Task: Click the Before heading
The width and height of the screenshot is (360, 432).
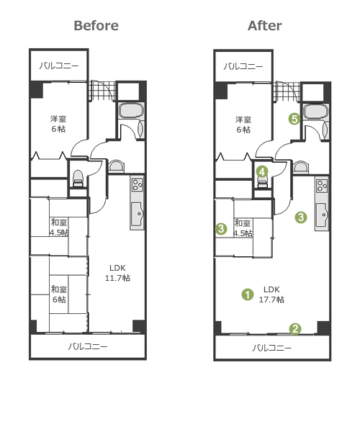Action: point(96,26)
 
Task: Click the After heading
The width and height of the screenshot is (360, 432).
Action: point(265,26)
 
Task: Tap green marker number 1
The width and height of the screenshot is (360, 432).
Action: point(248,294)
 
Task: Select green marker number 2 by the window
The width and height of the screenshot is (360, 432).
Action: point(295,329)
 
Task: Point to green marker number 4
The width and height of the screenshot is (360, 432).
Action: point(262,171)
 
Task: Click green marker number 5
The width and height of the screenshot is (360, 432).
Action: point(294,119)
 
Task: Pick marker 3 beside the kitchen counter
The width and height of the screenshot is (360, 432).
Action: point(301,217)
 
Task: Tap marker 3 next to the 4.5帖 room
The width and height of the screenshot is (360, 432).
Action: point(221,229)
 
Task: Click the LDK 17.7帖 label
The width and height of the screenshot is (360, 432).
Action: point(271,294)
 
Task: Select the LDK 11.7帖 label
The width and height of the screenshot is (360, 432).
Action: point(117,273)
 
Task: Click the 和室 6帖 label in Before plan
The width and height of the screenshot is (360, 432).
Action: point(59,294)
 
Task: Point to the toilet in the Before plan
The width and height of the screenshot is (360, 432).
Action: point(78,179)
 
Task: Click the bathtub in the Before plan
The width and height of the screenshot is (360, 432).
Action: point(132,111)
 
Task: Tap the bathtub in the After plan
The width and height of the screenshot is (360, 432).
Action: point(316,112)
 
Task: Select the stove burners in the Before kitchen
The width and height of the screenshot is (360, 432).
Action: point(137,185)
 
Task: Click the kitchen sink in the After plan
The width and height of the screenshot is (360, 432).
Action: point(322,214)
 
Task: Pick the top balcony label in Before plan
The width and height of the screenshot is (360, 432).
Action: point(58,66)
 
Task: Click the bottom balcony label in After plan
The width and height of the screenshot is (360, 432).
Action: point(272,348)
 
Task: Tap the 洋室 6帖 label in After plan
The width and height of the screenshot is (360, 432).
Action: point(243,125)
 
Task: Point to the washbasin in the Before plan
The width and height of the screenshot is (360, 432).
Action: point(116,166)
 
